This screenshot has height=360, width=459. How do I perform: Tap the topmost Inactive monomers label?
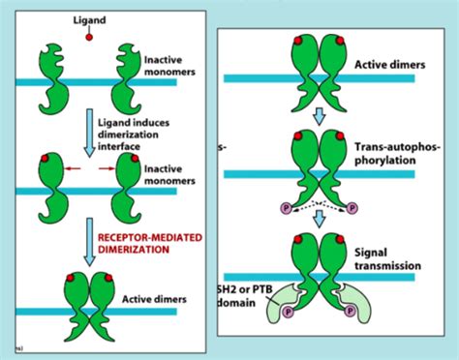[161, 64]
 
